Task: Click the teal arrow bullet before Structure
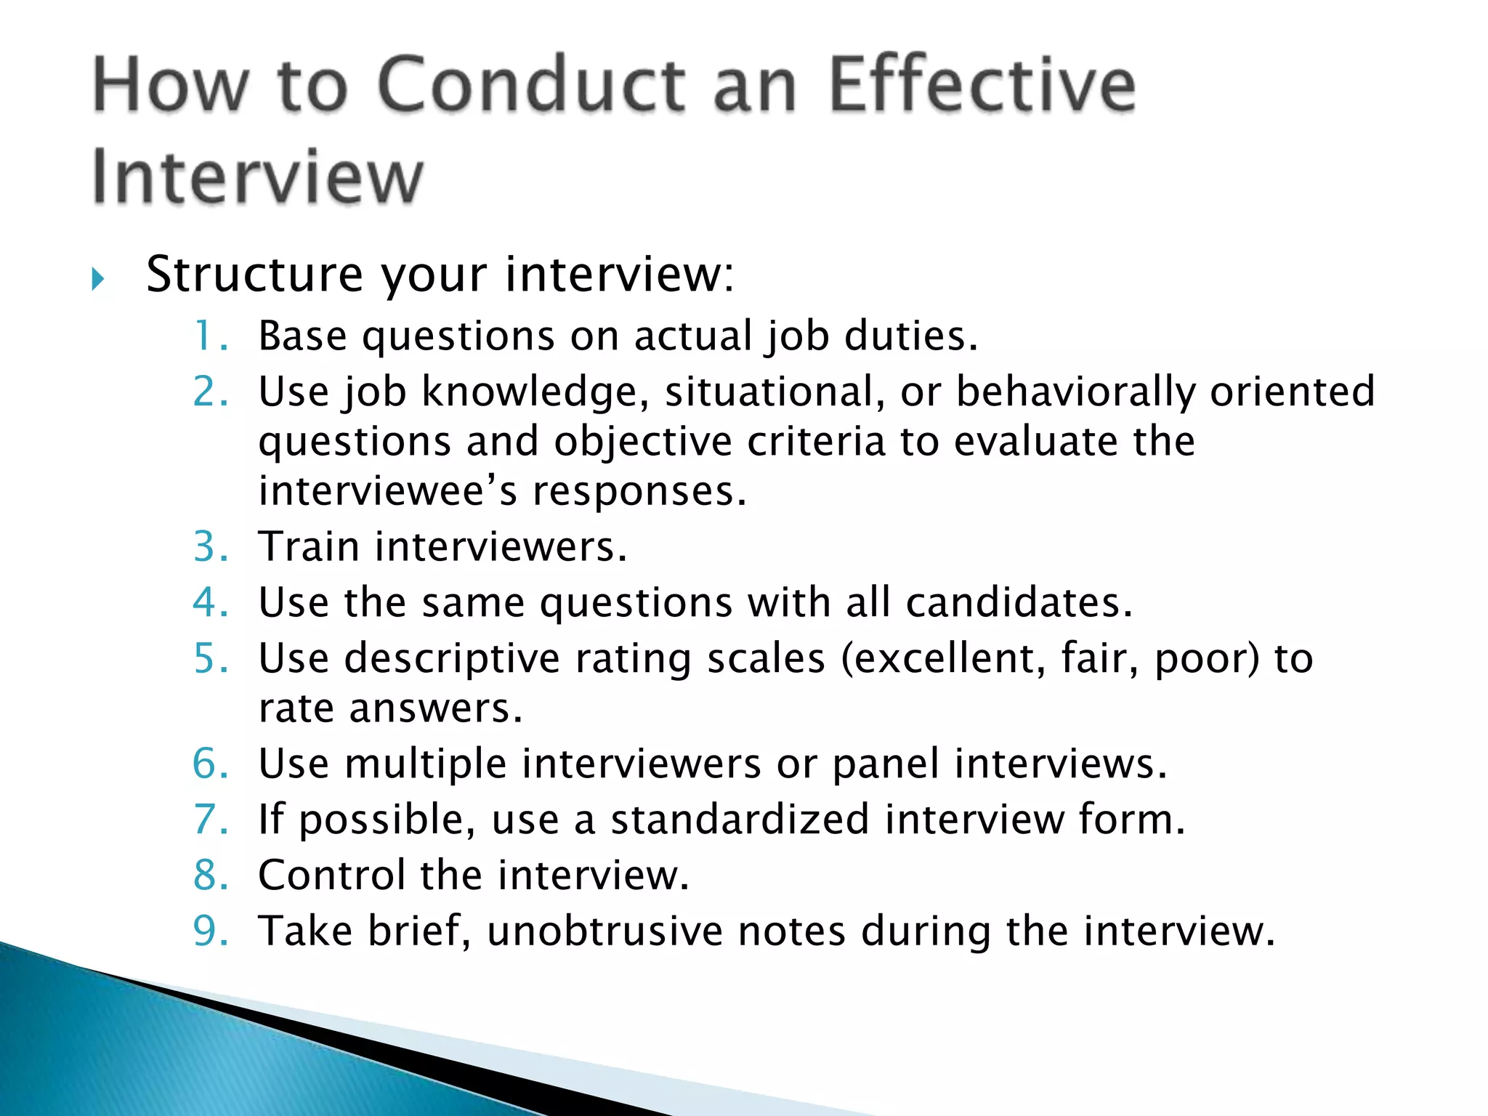pyautogui.click(x=98, y=279)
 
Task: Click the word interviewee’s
pyautogui.click(x=388, y=491)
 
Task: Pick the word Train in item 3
pyautogui.click(x=310, y=546)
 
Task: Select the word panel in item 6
pyautogui.click(x=886, y=764)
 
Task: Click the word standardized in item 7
pyautogui.click(x=740, y=820)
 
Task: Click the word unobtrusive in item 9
pyautogui.click(x=605, y=931)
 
